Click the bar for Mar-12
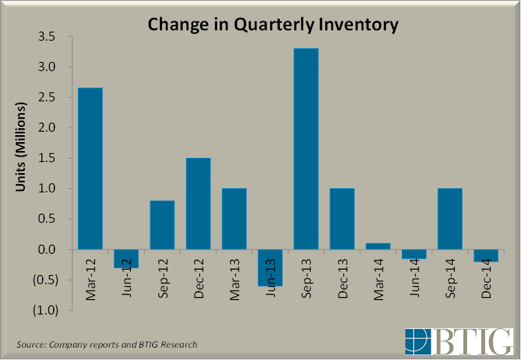coord(90,168)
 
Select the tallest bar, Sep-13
coord(305,148)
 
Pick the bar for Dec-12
coord(198,203)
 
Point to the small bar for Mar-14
coord(377,246)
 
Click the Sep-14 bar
coord(449,219)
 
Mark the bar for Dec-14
coord(484,255)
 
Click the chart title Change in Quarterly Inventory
coord(274,26)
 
